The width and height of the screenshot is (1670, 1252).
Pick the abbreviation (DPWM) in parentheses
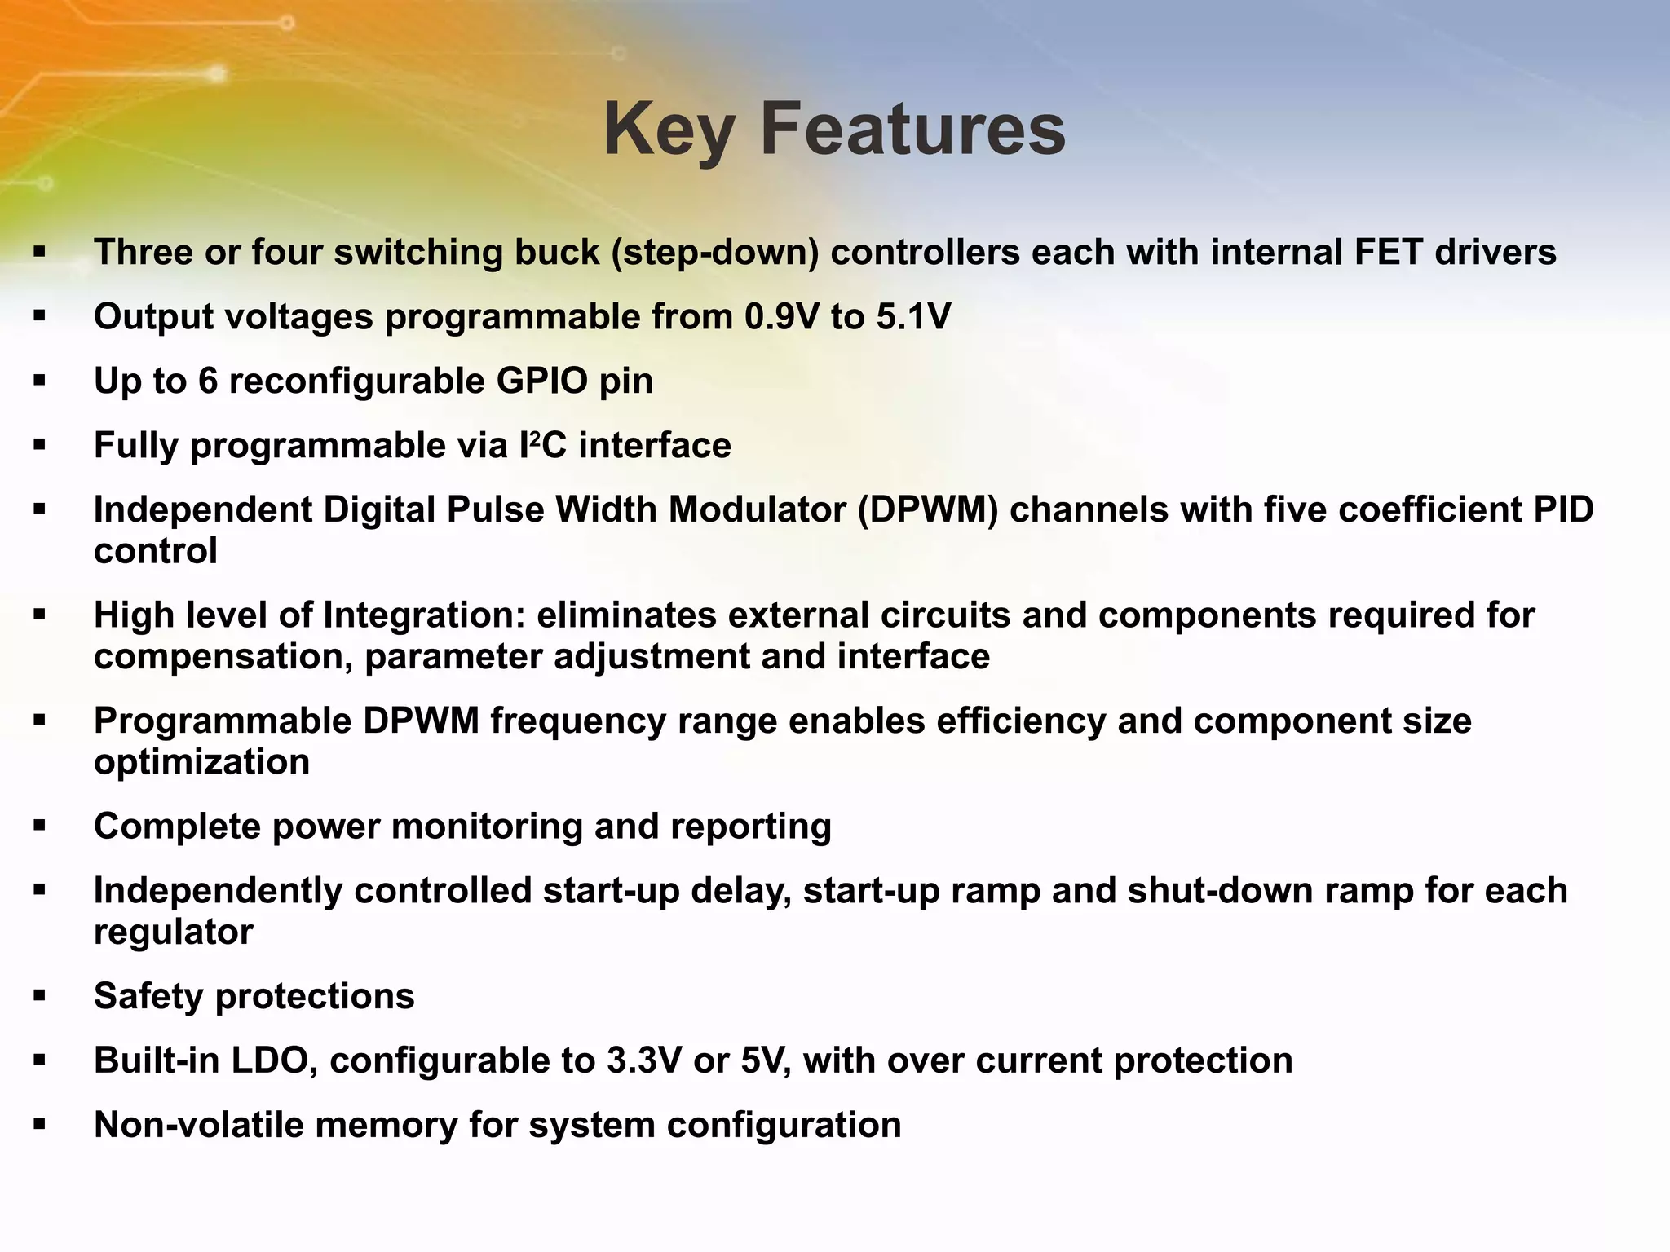click(927, 509)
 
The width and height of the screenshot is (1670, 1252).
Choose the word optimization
click(201, 761)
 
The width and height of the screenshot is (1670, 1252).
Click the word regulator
click(173, 931)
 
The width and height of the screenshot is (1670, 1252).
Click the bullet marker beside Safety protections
click(39, 996)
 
